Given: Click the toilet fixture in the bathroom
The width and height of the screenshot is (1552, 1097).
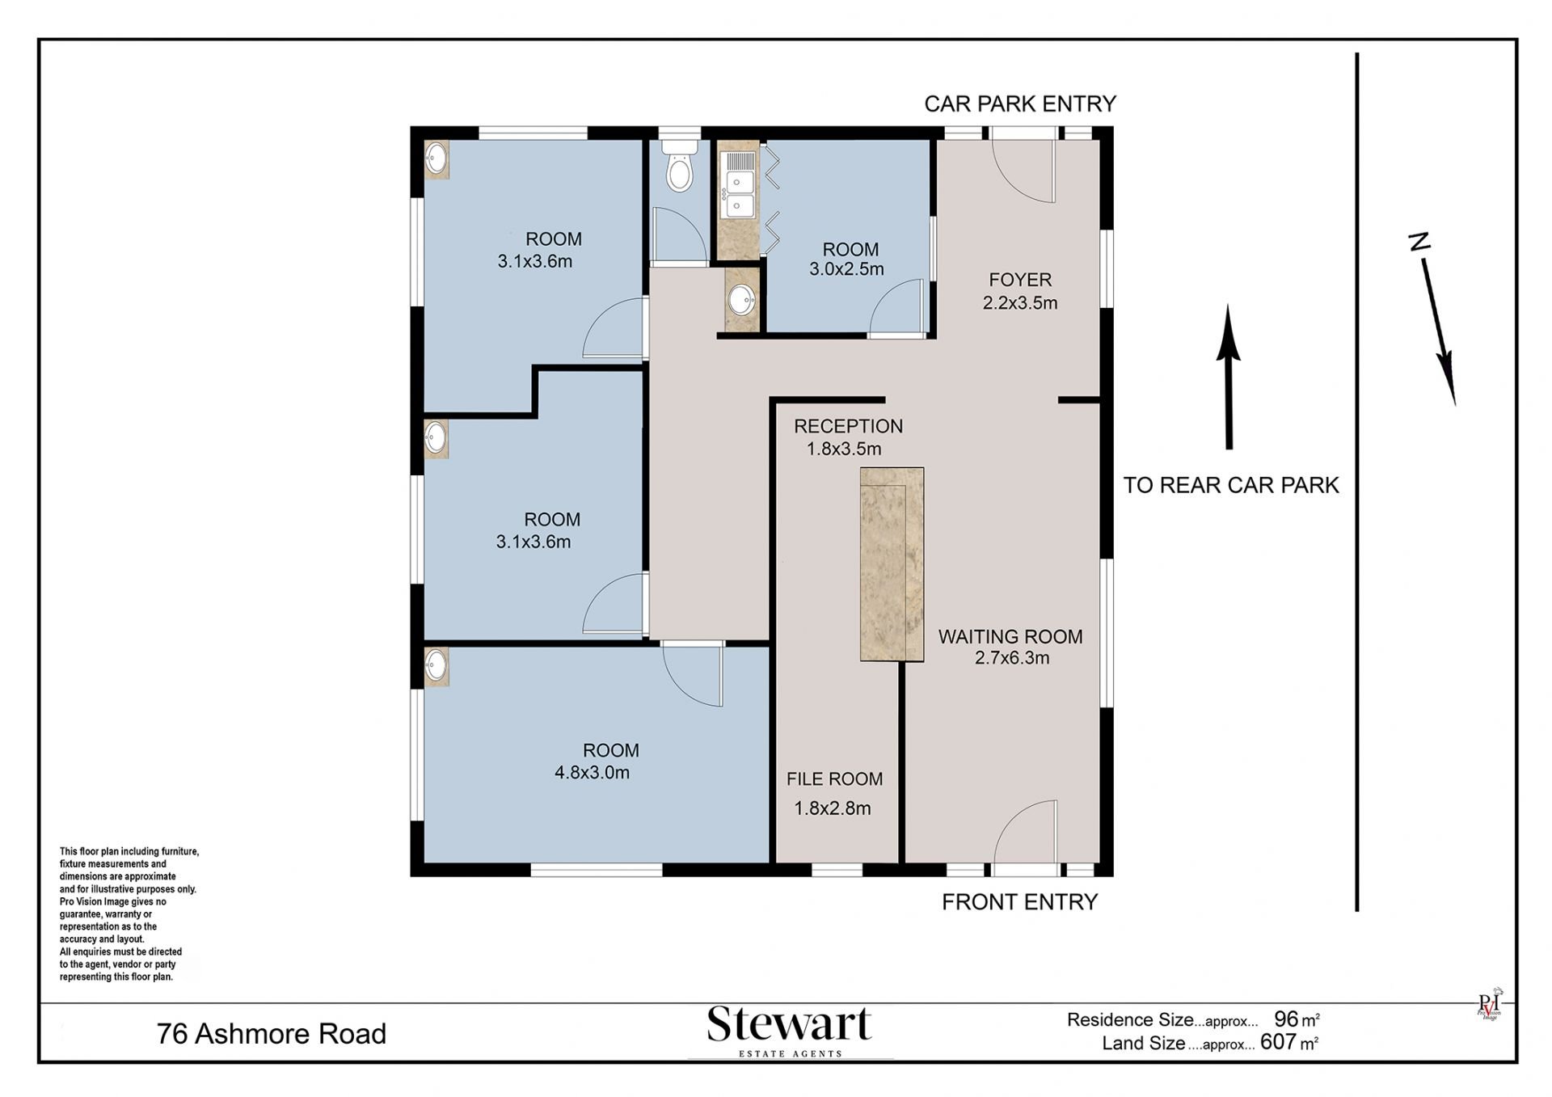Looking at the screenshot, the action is tap(680, 165).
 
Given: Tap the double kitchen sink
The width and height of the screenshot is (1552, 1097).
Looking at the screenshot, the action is tap(740, 194).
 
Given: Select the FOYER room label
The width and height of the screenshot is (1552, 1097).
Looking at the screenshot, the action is tap(1020, 280).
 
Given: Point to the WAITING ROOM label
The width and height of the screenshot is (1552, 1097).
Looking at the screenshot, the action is tap(1010, 636).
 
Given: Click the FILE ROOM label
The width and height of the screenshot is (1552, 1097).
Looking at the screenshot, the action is tap(834, 778).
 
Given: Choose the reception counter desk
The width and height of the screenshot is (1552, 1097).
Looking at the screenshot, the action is tap(892, 564).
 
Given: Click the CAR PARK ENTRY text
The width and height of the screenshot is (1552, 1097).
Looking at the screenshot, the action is tap(1020, 103).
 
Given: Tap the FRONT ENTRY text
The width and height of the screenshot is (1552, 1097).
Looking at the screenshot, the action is tap(1019, 901).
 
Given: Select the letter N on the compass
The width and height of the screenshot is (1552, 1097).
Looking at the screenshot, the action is tap(1419, 241).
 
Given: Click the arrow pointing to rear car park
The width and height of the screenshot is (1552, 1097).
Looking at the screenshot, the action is tap(1229, 377).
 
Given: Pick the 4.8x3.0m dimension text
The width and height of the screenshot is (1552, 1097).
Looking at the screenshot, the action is tap(592, 772).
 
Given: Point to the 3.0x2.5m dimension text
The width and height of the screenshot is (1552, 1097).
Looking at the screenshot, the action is tap(846, 269).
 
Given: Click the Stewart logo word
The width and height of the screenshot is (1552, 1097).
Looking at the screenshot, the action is tap(789, 1024).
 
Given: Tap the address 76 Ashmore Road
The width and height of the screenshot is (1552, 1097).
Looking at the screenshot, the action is tap(272, 1033).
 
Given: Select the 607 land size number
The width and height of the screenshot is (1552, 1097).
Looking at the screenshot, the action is tap(1278, 1042).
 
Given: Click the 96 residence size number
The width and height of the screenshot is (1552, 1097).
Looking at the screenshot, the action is tap(1286, 1019).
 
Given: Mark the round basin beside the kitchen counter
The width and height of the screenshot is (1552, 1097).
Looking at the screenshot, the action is tap(741, 302).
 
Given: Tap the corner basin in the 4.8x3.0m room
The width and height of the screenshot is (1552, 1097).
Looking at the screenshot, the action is tap(436, 666).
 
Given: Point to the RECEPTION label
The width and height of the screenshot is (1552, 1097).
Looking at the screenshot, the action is tap(848, 426).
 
